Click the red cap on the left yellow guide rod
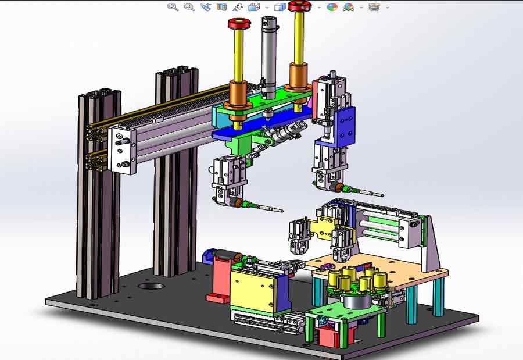[238, 24]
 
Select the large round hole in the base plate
[151, 287]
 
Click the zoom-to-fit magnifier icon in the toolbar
[173, 7]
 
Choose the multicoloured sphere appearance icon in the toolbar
[332, 7]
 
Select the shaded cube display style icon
[280, 7]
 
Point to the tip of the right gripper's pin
[381, 195]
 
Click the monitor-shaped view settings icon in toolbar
[374, 7]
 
